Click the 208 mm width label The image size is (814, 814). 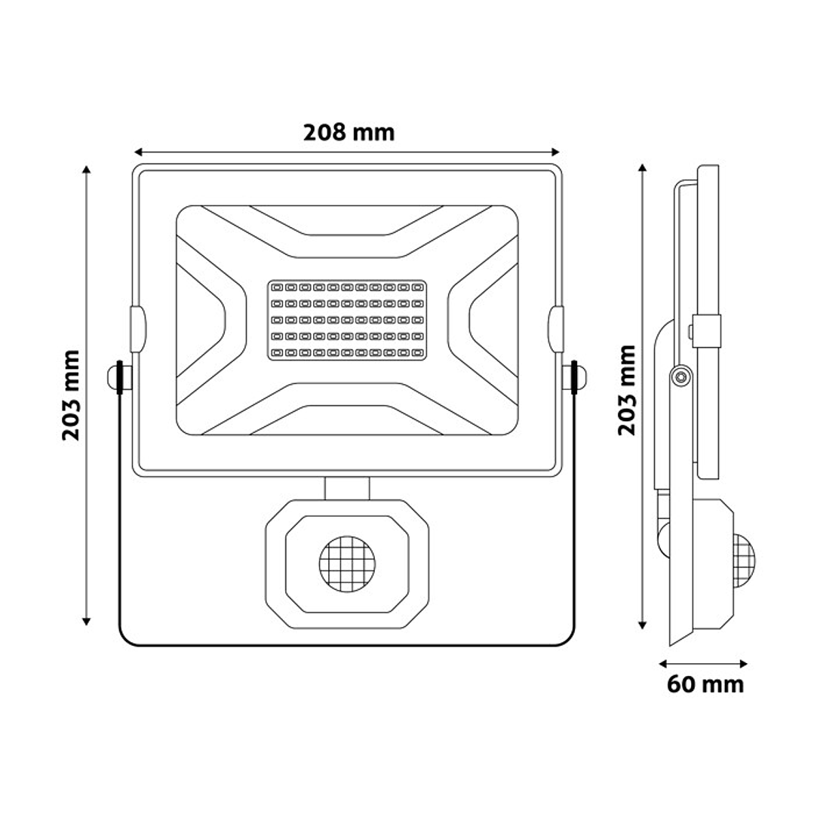(349, 133)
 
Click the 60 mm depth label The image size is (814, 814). (705, 684)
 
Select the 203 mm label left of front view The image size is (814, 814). (72, 395)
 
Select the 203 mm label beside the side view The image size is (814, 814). (626, 390)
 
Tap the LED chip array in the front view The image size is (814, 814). (347, 320)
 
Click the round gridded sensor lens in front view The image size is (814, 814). (346, 562)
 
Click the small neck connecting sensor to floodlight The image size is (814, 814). (347, 487)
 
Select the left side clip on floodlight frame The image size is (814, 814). (136, 330)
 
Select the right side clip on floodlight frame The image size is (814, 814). (557, 330)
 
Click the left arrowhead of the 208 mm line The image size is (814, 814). (137, 151)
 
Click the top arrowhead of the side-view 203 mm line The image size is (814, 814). (642, 168)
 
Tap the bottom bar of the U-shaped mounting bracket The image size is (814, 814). (346, 644)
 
